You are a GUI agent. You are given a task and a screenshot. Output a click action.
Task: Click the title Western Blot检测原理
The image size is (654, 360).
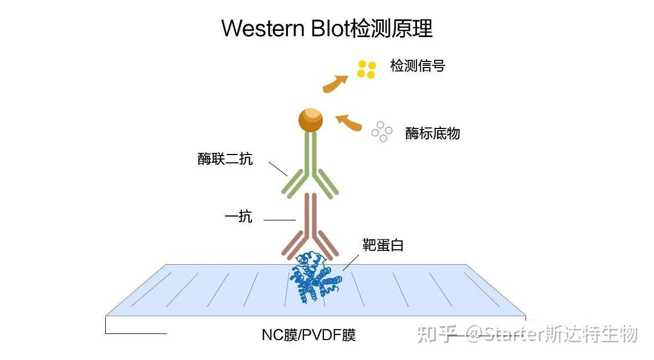pos(327,28)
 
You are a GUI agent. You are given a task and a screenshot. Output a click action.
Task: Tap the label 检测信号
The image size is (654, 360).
pos(418,66)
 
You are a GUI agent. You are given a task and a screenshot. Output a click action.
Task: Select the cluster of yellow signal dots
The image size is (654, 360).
pos(367,69)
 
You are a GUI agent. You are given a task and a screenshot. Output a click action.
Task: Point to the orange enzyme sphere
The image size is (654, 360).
pos(310,120)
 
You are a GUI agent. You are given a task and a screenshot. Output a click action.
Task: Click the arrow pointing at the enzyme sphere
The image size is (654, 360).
pos(349,122)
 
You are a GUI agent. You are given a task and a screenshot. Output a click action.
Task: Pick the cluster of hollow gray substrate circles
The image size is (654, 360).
pos(382,131)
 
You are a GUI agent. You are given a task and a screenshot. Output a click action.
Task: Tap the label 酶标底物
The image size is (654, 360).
pos(432,133)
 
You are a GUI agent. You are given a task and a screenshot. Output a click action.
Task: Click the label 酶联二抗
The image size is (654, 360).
pos(225,159)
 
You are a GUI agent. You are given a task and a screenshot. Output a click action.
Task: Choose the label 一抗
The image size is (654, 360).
pos(238,217)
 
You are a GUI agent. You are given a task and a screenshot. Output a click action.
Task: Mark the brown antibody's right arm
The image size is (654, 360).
pos(326,243)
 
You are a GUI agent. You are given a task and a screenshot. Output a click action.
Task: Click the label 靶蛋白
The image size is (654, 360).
pos(383,245)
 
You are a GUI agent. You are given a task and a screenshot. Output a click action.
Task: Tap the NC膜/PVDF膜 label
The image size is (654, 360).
pos(308,335)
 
